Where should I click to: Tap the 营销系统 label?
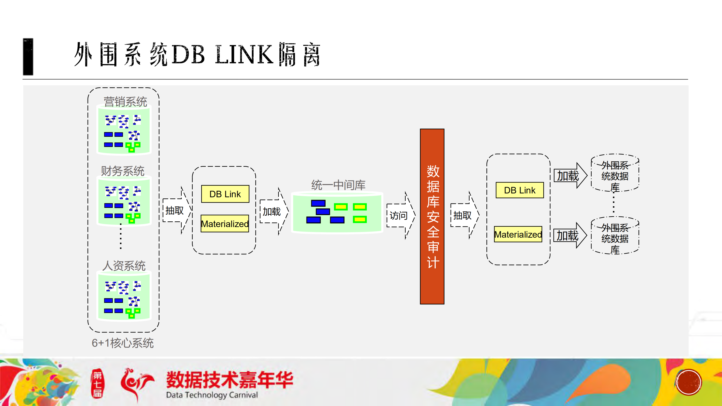pyautogui.click(x=125, y=102)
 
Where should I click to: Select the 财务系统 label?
pyautogui.click(x=123, y=171)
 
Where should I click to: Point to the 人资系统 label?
pyautogui.click(x=124, y=266)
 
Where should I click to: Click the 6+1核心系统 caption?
pyautogui.click(x=123, y=343)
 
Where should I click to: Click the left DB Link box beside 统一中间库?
pyautogui.click(x=225, y=194)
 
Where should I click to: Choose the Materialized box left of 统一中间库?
pyautogui.click(x=225, y=224)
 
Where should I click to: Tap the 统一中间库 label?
pyautogui.click(x=338, y=185)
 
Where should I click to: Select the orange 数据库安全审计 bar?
pyautogui.click(x=432, y=216)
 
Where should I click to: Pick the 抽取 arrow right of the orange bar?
pyautogui.click(x=464, y=215)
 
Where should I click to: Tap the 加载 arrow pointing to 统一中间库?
pyautogui.click(x=273, y=211)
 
